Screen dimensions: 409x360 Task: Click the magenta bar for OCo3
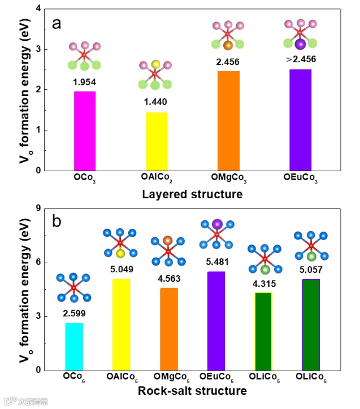(x=84, y=130)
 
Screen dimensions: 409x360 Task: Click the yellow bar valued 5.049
(x=121, y=324)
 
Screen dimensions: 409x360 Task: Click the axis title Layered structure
(x=193, y=195)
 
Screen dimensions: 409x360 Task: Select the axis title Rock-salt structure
(x=193, y=391)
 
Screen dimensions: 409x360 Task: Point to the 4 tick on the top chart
(x=38, y=9)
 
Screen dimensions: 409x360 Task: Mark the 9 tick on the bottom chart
(x=38, y=208)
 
